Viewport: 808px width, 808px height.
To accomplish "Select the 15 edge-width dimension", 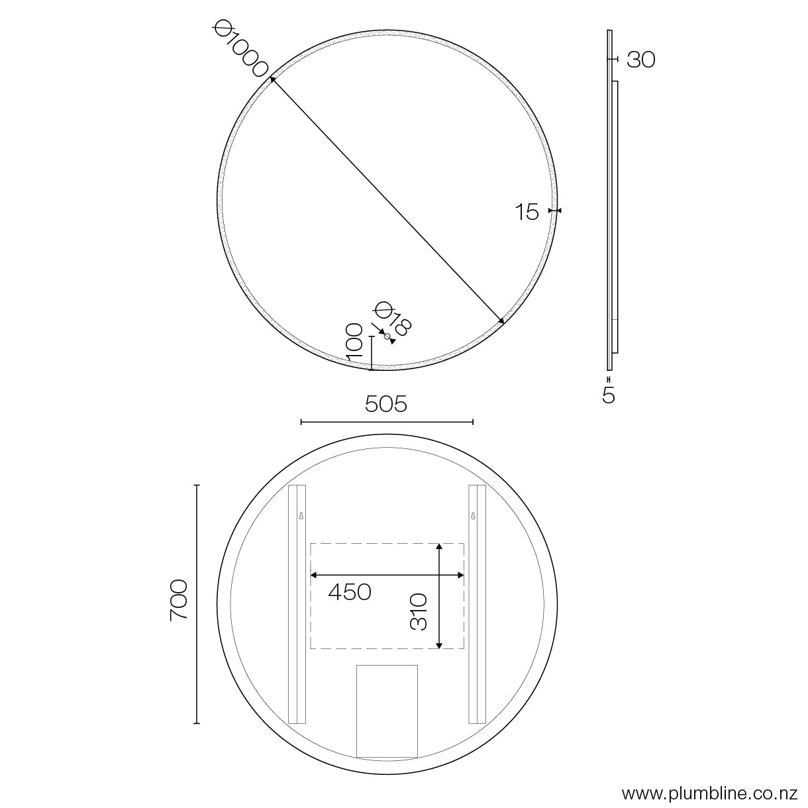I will (x=527, y=213).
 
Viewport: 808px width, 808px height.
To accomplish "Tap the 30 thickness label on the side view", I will (x=640, y=60).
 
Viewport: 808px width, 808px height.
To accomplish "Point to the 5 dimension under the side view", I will (x=609, y=395).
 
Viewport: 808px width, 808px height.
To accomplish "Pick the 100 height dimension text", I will (x=354, y=342).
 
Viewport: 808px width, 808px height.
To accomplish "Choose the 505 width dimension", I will (x=386, y=404).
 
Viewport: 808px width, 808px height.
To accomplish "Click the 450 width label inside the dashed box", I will (x=350, y=592).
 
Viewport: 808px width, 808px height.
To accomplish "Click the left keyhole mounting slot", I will (x=301, y=515).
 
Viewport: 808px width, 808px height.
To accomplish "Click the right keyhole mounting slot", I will (x=473, y=515).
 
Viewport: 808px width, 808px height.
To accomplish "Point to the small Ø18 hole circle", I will (x=387, y=336).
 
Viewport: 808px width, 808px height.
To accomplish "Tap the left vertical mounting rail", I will (x=296, y=604).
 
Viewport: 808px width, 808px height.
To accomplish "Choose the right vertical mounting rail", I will (x=477, y=604).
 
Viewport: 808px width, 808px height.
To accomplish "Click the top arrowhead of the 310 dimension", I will (x=438, y=547).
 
